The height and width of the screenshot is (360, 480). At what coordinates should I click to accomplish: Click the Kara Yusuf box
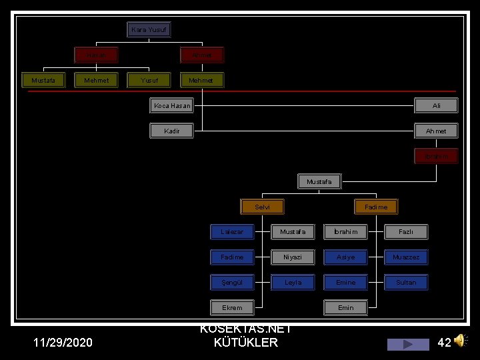(149, 30)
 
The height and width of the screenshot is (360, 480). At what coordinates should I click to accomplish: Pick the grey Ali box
(436, 105)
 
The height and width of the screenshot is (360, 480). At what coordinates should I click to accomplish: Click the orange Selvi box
(262, 207)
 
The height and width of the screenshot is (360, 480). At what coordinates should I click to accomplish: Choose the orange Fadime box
(376, 207)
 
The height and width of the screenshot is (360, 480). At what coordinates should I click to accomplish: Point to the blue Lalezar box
(232, 232)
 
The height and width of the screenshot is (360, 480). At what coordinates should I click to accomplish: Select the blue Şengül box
(232, 282)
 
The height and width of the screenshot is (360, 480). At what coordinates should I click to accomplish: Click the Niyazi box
(292, 257)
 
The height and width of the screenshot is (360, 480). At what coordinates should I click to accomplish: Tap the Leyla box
(292, 282)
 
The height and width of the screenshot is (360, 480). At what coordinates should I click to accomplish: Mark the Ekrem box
(232, 307)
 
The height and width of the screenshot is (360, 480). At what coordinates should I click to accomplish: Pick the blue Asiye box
(345, 257)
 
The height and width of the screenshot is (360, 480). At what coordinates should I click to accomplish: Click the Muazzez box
(405, 257)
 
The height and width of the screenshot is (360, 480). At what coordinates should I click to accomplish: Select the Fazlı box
(405, 232)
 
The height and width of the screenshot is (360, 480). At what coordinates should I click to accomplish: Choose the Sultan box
(405, 282)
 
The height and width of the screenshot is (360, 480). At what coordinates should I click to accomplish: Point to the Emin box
(345, 307)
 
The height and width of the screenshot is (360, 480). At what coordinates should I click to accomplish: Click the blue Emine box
(345, 282)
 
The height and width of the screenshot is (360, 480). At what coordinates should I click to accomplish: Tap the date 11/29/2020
(63, 343)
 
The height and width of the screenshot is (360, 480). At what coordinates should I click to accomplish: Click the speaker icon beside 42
(461, 341)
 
